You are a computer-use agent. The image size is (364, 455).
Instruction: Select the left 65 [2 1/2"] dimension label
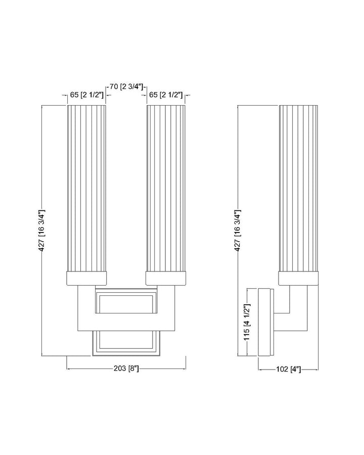(86, 95)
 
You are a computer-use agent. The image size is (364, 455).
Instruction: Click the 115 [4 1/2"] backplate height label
(248, 323)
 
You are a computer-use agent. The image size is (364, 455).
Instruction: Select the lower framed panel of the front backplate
(126, 341)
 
